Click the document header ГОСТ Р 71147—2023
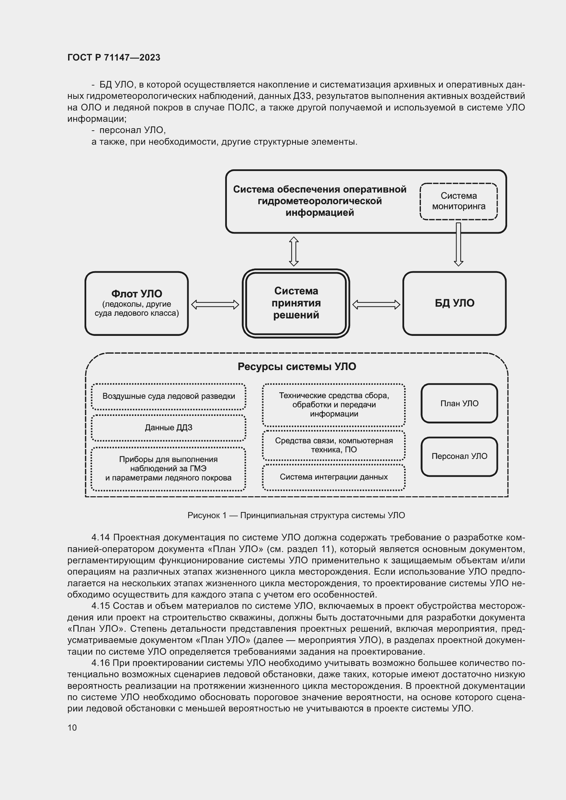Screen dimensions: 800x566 coord(114,57)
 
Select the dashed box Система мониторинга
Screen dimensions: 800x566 coord(458,201)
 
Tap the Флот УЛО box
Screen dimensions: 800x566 coord(137,303)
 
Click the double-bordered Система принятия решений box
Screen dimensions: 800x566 coord(296,303)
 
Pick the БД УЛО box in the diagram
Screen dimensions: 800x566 coord(454,303)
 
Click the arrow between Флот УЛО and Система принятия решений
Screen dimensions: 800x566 coord(215,304)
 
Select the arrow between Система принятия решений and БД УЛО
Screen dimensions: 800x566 coord(376,304)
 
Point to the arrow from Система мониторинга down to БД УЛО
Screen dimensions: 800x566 coord(458,244)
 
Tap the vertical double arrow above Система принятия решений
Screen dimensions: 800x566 coord(294,251)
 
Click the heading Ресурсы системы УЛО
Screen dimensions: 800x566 coord(297,367)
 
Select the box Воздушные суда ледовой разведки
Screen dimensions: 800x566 coord(168,396)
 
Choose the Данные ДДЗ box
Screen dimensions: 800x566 coord(168,428)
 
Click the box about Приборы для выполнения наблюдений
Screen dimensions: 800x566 coord(168,469)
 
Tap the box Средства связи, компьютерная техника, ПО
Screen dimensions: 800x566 coord(334,445)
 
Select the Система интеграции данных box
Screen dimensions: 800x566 coord(334,477)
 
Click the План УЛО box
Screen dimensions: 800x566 coord(459,404)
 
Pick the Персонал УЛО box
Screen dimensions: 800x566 coord(459,457)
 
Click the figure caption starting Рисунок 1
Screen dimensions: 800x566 coord(296,515)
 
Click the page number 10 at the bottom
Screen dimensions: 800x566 coord(72,727)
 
